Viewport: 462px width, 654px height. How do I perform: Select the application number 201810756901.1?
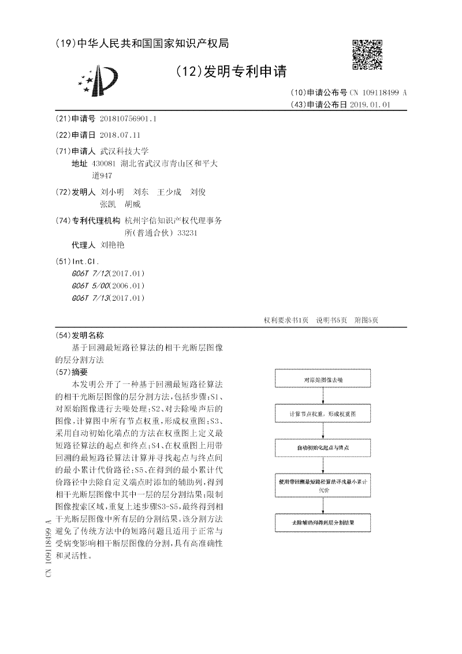tap(128, 119)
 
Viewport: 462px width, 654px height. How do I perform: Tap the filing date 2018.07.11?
tap(120, 135)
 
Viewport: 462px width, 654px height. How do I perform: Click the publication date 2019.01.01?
tap(370, 105)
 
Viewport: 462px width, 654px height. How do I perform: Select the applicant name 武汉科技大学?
tap(124, 151)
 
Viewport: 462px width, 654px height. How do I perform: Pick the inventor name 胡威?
tap(133, 204)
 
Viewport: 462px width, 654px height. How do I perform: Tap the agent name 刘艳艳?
tap(112, 245)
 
